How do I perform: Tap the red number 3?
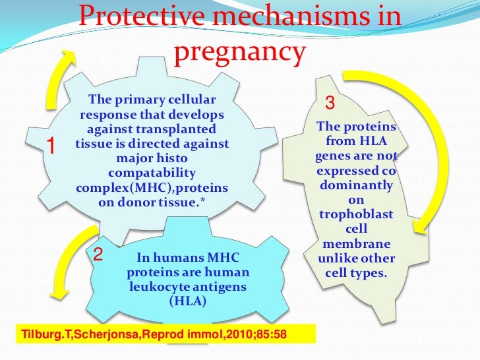point(331,104)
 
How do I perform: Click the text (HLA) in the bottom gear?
point(187,301)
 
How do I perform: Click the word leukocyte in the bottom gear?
point(156,287)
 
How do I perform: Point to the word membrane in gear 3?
point(355,245)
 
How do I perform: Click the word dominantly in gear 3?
point(356,187)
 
